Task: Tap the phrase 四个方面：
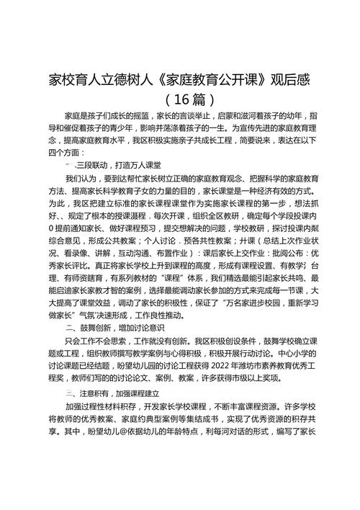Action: [x=66, y=153]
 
